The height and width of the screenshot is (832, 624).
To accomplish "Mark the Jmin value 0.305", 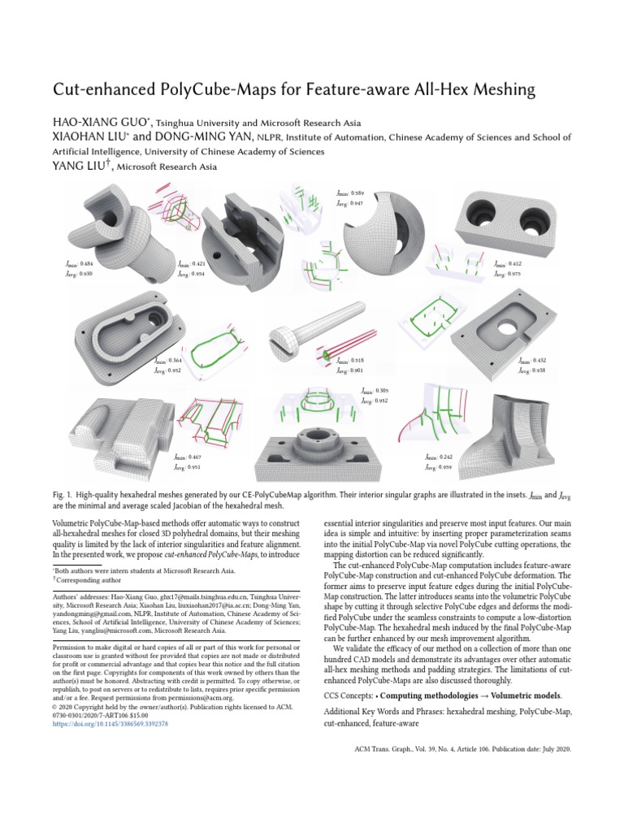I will [x=373, y=391].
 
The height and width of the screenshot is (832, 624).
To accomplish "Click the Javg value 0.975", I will [x=512, y=275].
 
